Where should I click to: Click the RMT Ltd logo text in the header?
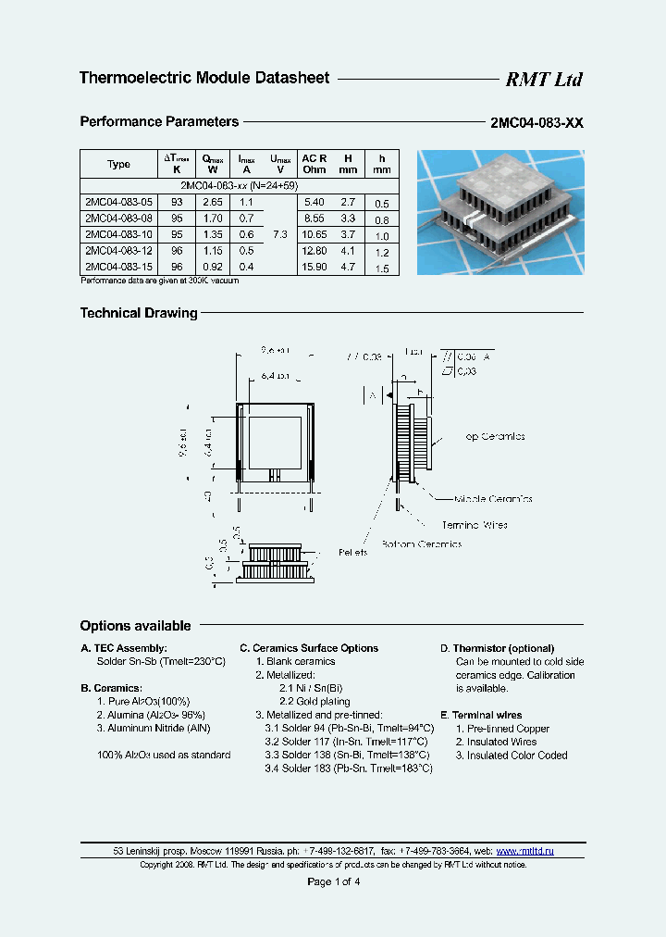(543, 80)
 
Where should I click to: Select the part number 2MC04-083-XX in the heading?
(536, 123)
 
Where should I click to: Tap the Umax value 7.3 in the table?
(280, 235)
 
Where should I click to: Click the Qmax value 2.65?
(212, 202)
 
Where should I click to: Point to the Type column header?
(118, 164)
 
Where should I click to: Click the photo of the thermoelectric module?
(500, 212)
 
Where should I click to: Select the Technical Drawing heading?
(139, 313)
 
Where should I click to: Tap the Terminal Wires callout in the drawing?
(474, 524)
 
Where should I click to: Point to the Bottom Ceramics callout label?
(425, 543)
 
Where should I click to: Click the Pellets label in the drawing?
(352, 552)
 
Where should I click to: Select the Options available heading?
(135, 626)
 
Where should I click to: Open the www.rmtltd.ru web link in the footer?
(525, 850)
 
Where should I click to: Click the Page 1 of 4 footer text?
(333, 881)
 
